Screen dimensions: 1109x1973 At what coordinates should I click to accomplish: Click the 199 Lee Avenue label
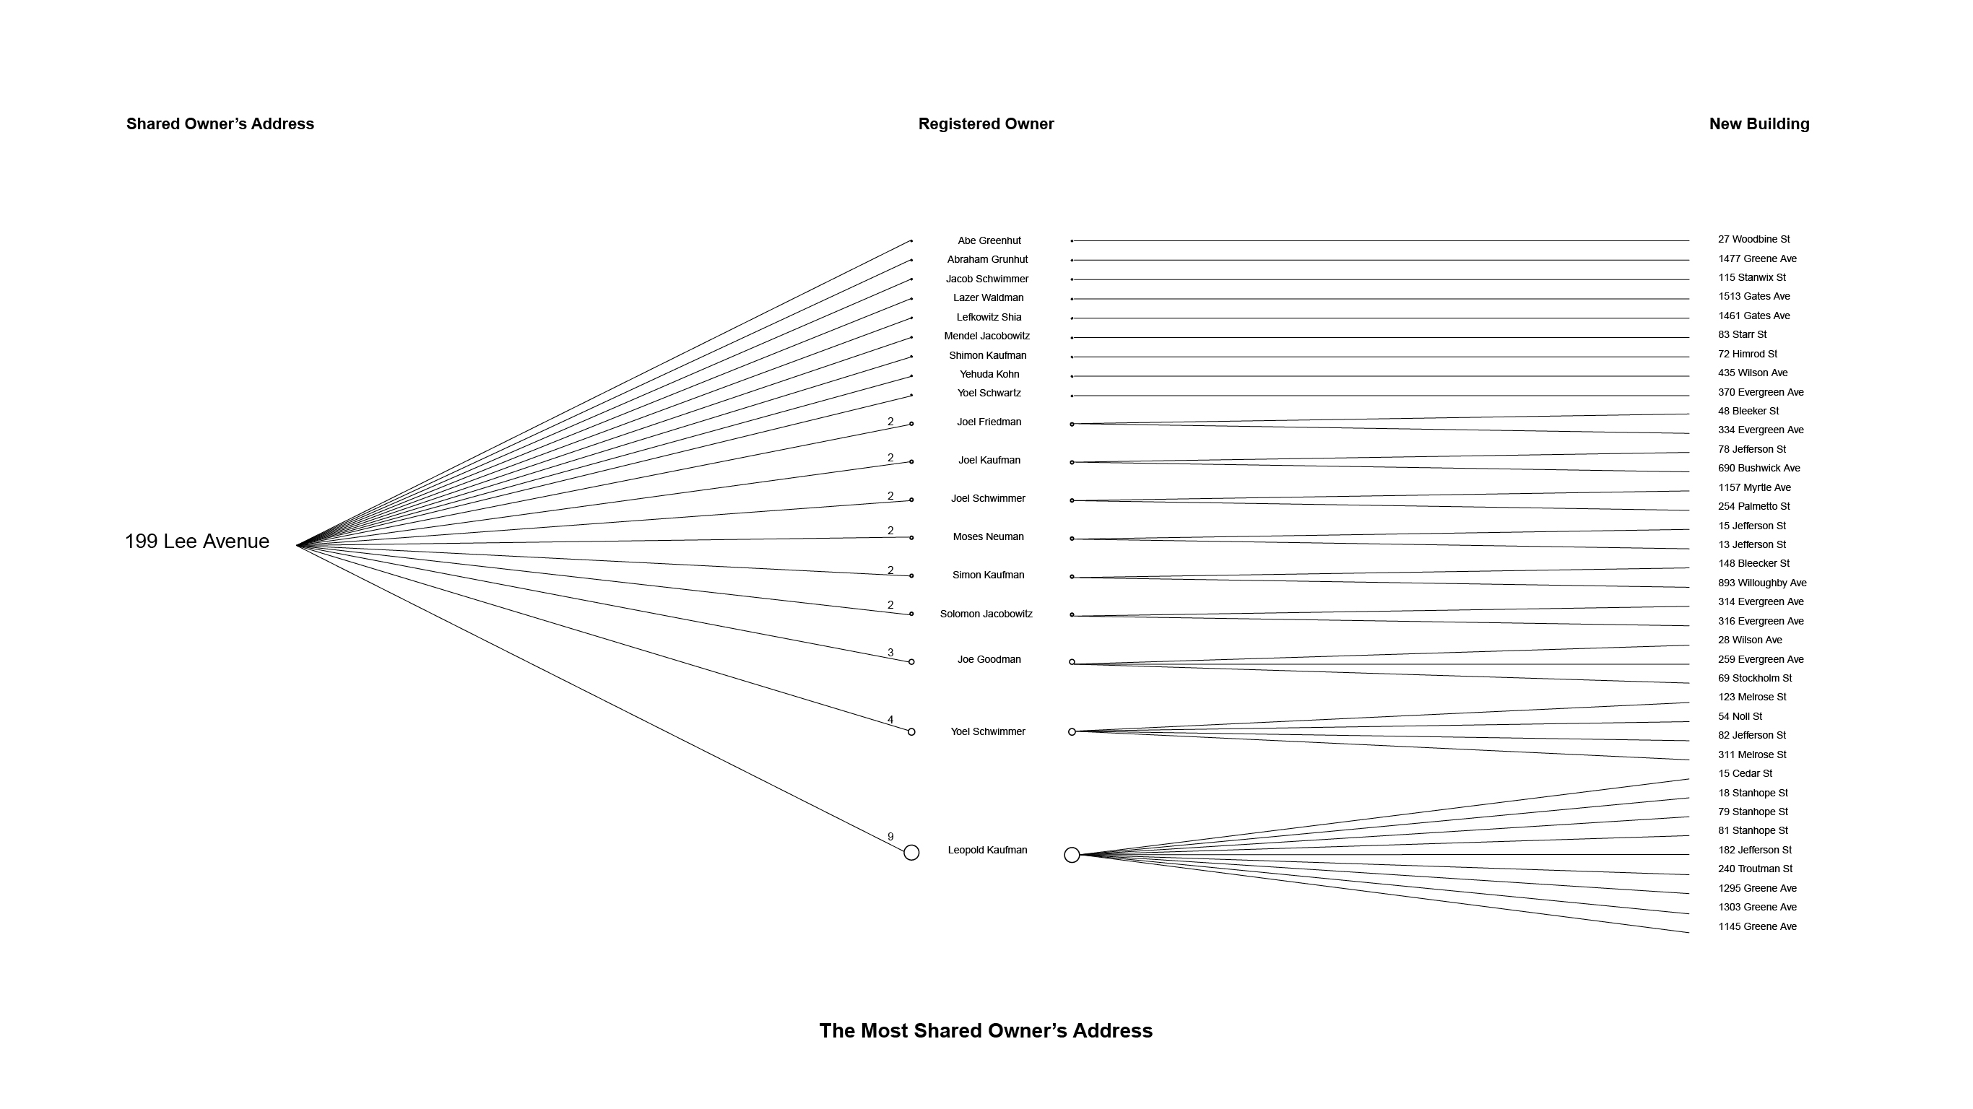point(197,542)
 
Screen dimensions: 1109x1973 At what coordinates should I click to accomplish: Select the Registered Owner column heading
point(986,124)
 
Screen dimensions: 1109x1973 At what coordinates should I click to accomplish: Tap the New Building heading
point(1759,124)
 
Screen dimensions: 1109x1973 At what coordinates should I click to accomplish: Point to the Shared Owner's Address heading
point(220,124)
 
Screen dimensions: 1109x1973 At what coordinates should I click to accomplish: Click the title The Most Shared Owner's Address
point(986,1031)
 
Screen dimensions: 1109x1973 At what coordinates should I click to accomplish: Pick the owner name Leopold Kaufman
point(987,850)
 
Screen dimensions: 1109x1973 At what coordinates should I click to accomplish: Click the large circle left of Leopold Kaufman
point(911,853)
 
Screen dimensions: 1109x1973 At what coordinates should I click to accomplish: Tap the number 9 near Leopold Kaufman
point(890,837)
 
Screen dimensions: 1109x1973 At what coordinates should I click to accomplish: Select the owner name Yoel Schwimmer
point(987,731)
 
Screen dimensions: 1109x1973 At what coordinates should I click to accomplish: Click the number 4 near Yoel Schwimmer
point(890,720)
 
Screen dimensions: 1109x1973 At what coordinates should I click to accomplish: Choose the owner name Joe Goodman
point(989,659)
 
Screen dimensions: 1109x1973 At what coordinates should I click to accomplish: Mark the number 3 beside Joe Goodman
point(890,653)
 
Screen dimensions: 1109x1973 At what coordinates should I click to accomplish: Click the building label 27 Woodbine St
point(1753,240)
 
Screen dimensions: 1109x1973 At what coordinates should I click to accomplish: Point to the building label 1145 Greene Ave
point(1757,927)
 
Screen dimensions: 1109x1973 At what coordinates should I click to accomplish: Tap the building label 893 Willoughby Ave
point(1761,583)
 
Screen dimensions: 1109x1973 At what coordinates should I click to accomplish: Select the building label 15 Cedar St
point(1745,773)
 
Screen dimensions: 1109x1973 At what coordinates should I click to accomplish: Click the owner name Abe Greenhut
point(989,240)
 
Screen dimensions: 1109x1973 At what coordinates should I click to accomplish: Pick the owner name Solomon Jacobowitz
point(986,614)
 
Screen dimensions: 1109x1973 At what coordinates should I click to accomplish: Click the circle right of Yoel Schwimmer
point(1072,731)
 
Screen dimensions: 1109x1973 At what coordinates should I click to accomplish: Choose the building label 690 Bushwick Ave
point(1759,468)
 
